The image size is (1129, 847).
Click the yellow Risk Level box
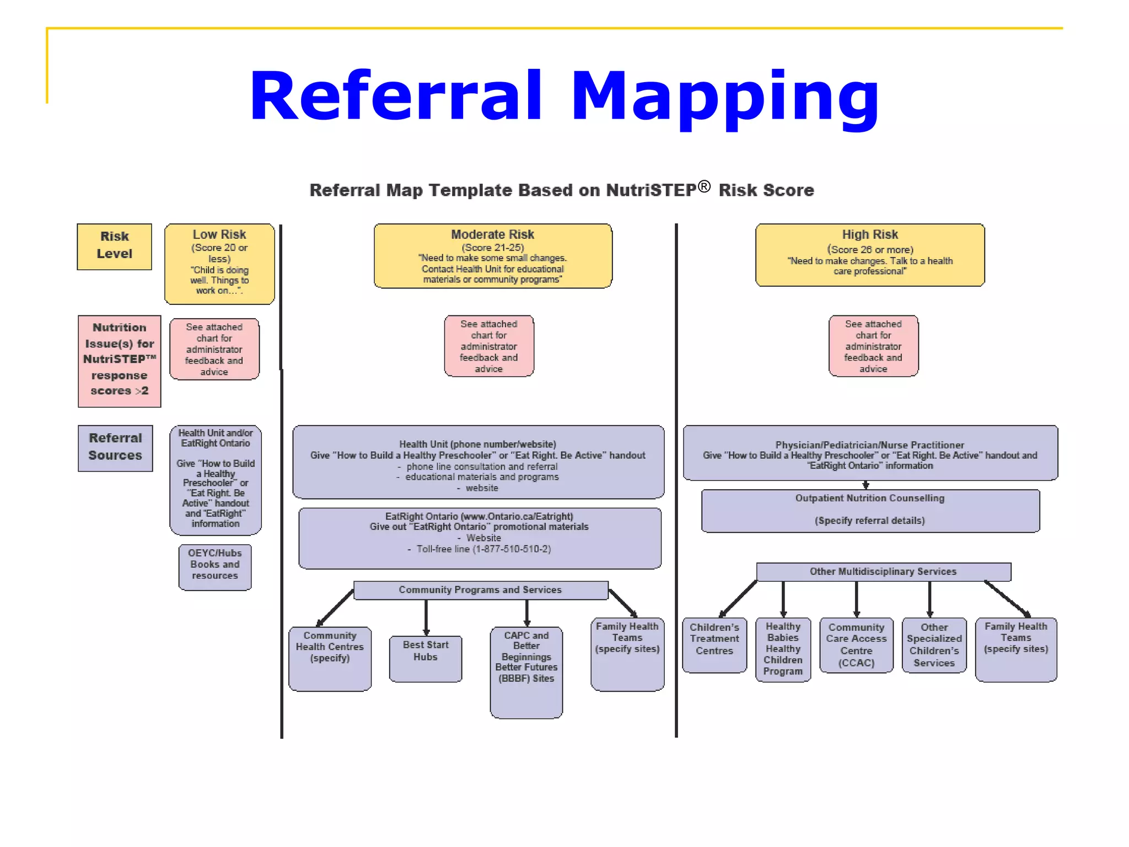[x=114, y=246]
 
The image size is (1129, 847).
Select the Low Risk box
[x=219, y=264]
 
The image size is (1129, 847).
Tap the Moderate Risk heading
[x=492, y=234]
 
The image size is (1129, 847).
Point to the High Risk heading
[x=870, y=234]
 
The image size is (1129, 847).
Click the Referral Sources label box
[x=115, y=447]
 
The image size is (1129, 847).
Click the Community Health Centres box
[x=330, y=657]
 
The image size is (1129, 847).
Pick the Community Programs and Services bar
[x=480, y=590]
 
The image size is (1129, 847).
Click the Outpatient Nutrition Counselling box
[x=870, y=510]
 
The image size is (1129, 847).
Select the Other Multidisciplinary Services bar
[x=883, y=572]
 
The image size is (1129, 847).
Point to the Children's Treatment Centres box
[x=714, y=644]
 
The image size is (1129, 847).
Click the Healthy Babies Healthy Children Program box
[x=783, y=649]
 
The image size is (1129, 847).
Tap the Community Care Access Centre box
[x=856, y=645]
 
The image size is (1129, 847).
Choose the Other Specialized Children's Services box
[x=934, y=645]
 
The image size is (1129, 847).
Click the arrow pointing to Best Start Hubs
[x=426, y=618]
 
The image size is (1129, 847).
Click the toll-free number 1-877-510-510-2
[x=512, y=549]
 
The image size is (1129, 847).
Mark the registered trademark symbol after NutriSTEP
[x=704, y=186]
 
